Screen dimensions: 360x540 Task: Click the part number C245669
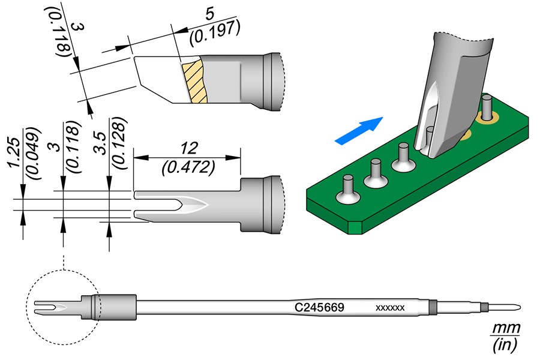coord(319,307)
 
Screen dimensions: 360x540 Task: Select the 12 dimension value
coord(187,147)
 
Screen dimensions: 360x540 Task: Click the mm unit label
coord(505,328)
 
